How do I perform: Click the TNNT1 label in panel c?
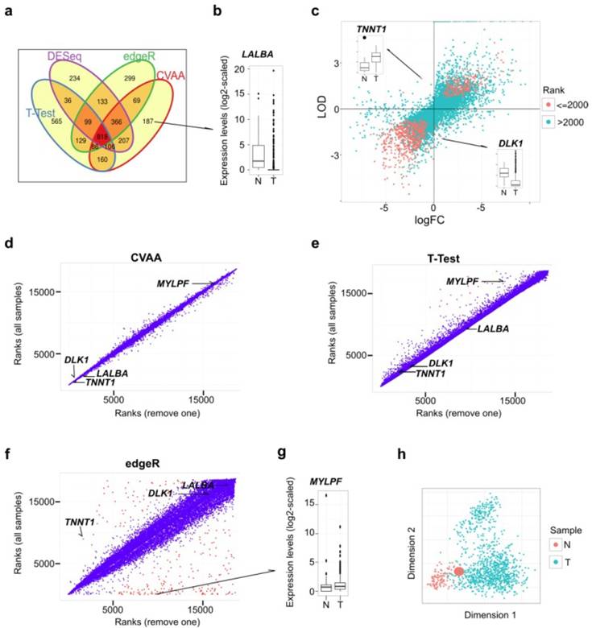[370, 30]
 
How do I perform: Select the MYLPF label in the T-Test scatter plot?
[462, 281]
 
